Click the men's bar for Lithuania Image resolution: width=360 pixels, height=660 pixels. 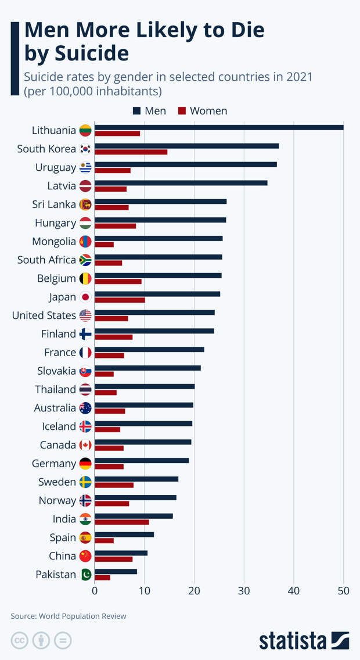click(x=219, y=127)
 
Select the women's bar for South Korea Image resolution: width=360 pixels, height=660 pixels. click(x=131, y=152)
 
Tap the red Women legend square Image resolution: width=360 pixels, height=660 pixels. click(x=181, y=111)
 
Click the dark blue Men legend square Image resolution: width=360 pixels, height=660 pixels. click(x=137, y=111)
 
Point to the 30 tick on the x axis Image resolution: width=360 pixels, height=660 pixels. click(x=244, y=591)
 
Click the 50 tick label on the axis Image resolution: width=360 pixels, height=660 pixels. click(x=344, y=591)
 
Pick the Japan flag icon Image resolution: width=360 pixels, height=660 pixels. click(x=85, y=297)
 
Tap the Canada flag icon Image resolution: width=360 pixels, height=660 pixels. click(x=85, y=445)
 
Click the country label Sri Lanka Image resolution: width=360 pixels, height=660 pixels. click(x=54, y=205)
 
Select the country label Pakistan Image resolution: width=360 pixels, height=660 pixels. click(x=56, y=575)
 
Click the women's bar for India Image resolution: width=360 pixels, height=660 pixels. click(x=122, y=522)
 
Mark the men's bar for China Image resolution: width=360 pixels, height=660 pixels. click(x=121, y=553)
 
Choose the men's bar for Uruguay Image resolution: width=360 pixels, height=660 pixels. click(x=186, y=164)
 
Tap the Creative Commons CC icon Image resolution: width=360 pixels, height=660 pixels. click(x=19, y=640)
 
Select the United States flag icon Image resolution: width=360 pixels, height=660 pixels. click(x=85, y=315)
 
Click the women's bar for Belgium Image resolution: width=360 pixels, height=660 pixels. click(x=118, y=282)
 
